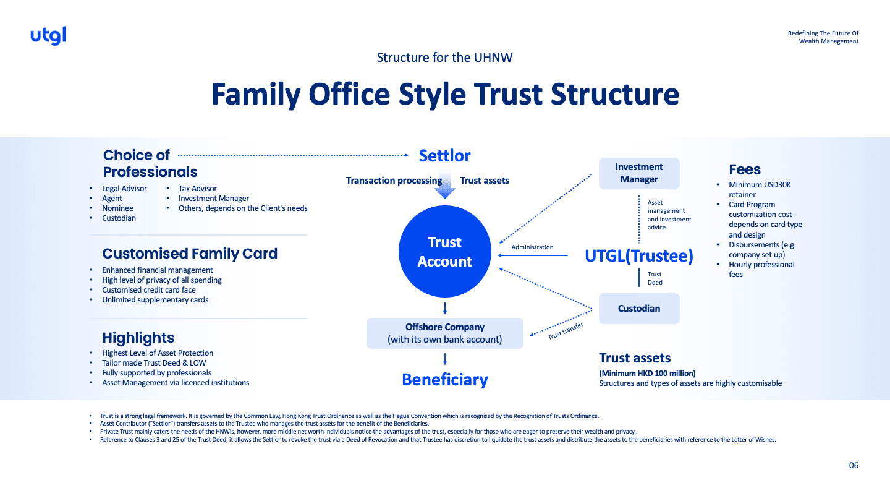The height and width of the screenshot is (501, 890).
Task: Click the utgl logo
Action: [48, 36]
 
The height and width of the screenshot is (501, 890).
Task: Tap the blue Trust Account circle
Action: [445, 252]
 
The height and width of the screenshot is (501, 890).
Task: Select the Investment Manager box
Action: [639, 173]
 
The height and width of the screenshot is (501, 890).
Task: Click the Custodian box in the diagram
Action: [639, 309]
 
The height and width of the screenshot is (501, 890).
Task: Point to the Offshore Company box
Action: [445, 333]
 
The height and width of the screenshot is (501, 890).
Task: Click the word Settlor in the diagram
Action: [445, 156]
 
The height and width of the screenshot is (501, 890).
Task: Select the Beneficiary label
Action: [445, 380]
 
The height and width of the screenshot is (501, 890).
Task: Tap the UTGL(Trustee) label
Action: [639, 256]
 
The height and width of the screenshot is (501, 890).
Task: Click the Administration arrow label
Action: [532, 247]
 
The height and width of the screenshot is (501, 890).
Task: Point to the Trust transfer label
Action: [566, 332]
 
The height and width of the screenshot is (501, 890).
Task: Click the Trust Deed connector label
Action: [655, 278]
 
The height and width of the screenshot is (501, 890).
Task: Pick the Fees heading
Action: [745, 169]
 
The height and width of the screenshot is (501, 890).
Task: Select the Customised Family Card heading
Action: [190, 254]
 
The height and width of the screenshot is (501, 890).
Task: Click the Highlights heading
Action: [138, 338]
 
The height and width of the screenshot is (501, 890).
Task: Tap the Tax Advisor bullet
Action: [198, 189]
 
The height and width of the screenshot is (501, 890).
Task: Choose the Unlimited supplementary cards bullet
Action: [155, 300]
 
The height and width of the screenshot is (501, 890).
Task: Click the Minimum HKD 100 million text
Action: [647, 373]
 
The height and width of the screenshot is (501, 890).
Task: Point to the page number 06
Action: [854, 466]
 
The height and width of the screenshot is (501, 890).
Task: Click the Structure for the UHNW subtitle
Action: [445, 58]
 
